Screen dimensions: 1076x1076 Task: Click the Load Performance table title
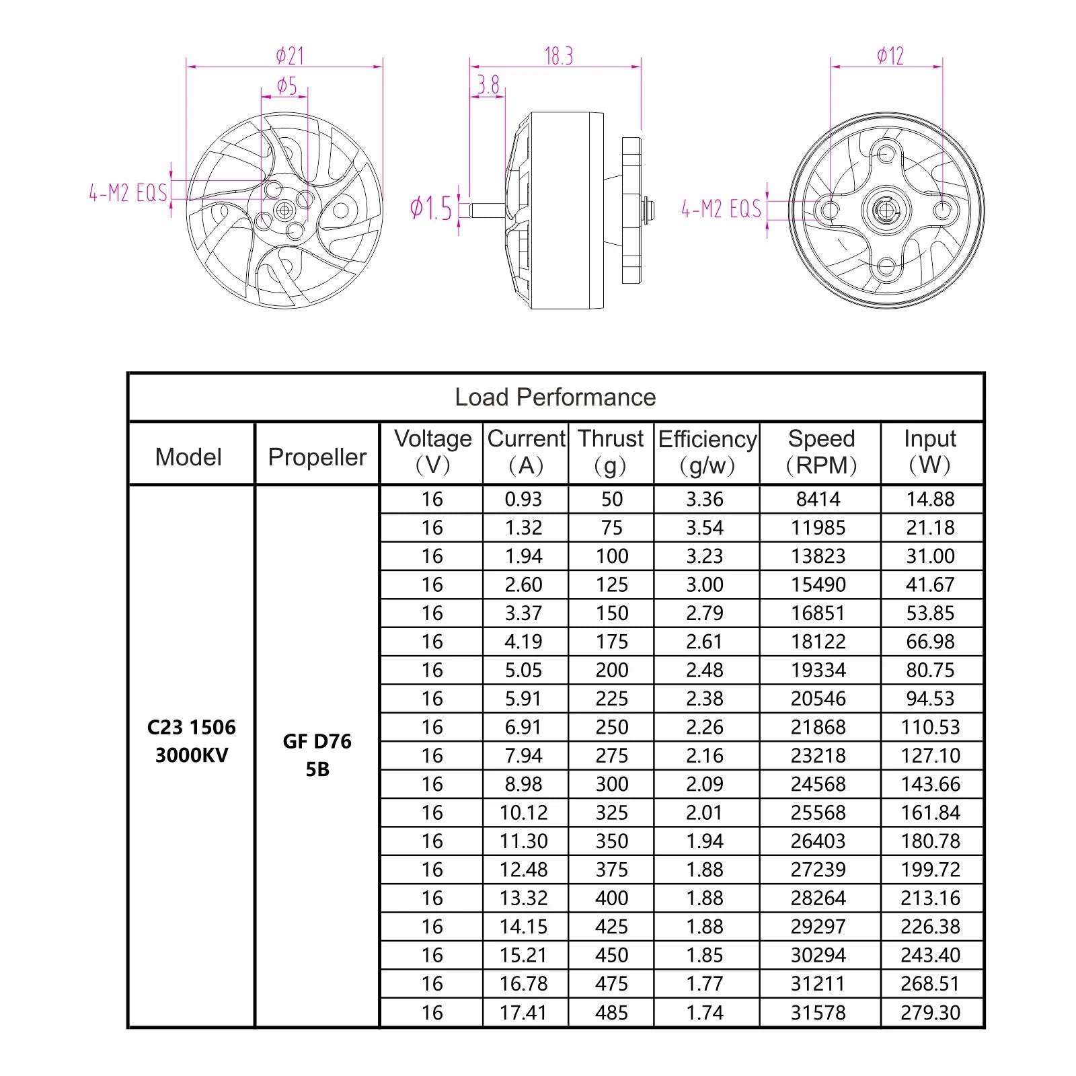click(x=555, y=397)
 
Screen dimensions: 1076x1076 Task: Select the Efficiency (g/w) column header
click(x=707, y=452)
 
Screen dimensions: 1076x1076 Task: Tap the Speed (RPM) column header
click(x=820, y=452)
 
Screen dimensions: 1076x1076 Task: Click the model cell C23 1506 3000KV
click(x=191, y=741)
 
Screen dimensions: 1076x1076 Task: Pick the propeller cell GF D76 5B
click(x=317, y=755)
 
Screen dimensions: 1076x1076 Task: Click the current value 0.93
click(x=523, y=499)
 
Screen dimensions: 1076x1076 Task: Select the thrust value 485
click(x=611, y=1012)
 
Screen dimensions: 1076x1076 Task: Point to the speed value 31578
click(x=818, y=1012)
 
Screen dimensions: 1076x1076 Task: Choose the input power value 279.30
click(x=930, y=1012)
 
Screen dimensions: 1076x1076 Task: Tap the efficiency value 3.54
click(x=705, y=528)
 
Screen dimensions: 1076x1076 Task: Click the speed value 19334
click(x=818, y=670)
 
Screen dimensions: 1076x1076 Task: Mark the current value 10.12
click(x=523, y=812)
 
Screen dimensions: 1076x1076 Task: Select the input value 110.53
click(x=930, y=727)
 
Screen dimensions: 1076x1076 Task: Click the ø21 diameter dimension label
click(x=290, y=55)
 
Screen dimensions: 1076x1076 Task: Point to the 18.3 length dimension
click(x=558, y=56)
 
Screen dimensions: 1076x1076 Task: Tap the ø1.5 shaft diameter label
click(x=431, y=208)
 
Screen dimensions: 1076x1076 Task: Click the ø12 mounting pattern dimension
click(x=890, y=56)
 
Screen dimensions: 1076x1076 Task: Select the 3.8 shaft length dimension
click(x=488, y=85)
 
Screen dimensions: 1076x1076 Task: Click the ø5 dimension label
click(x=286, y=85)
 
